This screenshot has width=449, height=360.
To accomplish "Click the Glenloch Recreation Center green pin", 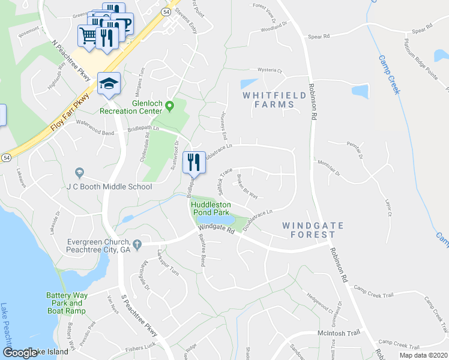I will (170, 106).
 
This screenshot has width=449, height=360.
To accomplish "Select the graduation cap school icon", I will (109, 83).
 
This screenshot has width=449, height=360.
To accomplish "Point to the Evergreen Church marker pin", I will (137, 244).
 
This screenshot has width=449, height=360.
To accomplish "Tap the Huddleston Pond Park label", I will (211, 208).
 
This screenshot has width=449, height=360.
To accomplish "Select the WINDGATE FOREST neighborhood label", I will (313, 230).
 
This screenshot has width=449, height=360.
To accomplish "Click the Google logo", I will (20, 353).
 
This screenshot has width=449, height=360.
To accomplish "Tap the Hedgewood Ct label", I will (320, 304).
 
